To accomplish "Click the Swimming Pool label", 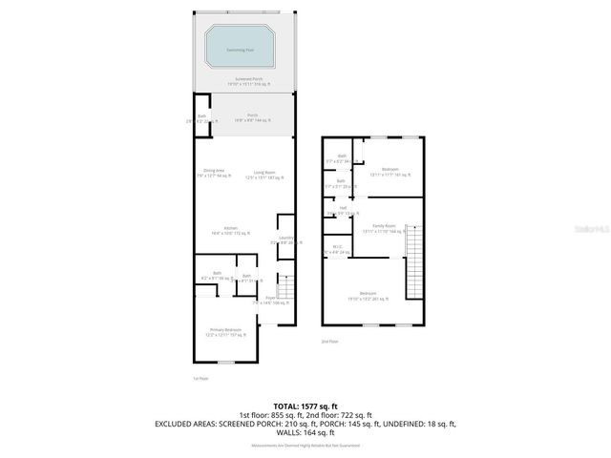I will coord(241,49).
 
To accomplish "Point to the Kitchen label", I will coord(230,230).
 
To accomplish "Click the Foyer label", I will coord(271,300).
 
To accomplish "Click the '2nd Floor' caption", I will coord(329,341).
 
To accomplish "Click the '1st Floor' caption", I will coord(200,379).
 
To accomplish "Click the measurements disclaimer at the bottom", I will coord(305,445).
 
